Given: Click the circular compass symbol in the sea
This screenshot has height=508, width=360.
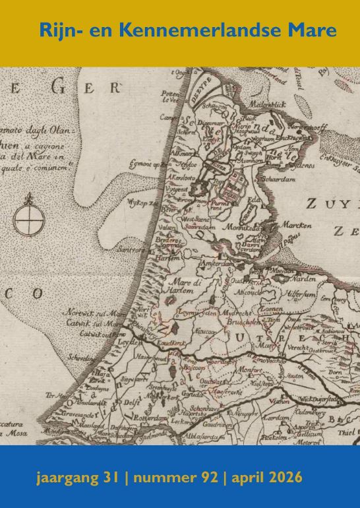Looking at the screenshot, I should point(27,216).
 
